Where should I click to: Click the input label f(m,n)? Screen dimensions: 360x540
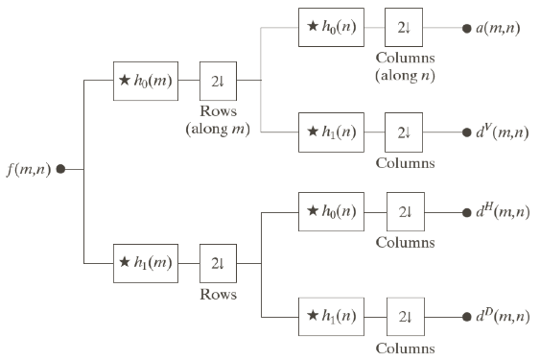pyautogui.click(x=29, y=170)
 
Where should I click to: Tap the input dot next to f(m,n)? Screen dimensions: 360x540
pyautogui.click(x=61, y=169)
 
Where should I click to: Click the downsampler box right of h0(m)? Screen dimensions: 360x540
pyautogui.click(x=219, y=81)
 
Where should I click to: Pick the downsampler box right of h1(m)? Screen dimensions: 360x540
pyautogui.click(x=219, y=262)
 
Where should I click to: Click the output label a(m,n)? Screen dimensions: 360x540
pyautogui.click(x=498, y=28)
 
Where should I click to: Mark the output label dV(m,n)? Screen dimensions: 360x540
pyautogui.click(x=501, y=132)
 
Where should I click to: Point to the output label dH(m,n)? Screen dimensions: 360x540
pyautogui.click(x=502, y=211)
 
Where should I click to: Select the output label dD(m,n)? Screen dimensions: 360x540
pyautogui.click(x=502, y=315)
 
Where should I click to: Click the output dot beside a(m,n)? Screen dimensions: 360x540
pyautogui.click(x=466, y=28)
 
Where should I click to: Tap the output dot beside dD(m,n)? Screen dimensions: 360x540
pyautogui.click(x=466, y=315)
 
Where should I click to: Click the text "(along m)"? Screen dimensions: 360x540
pyautogui.click(x=219, y=129)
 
